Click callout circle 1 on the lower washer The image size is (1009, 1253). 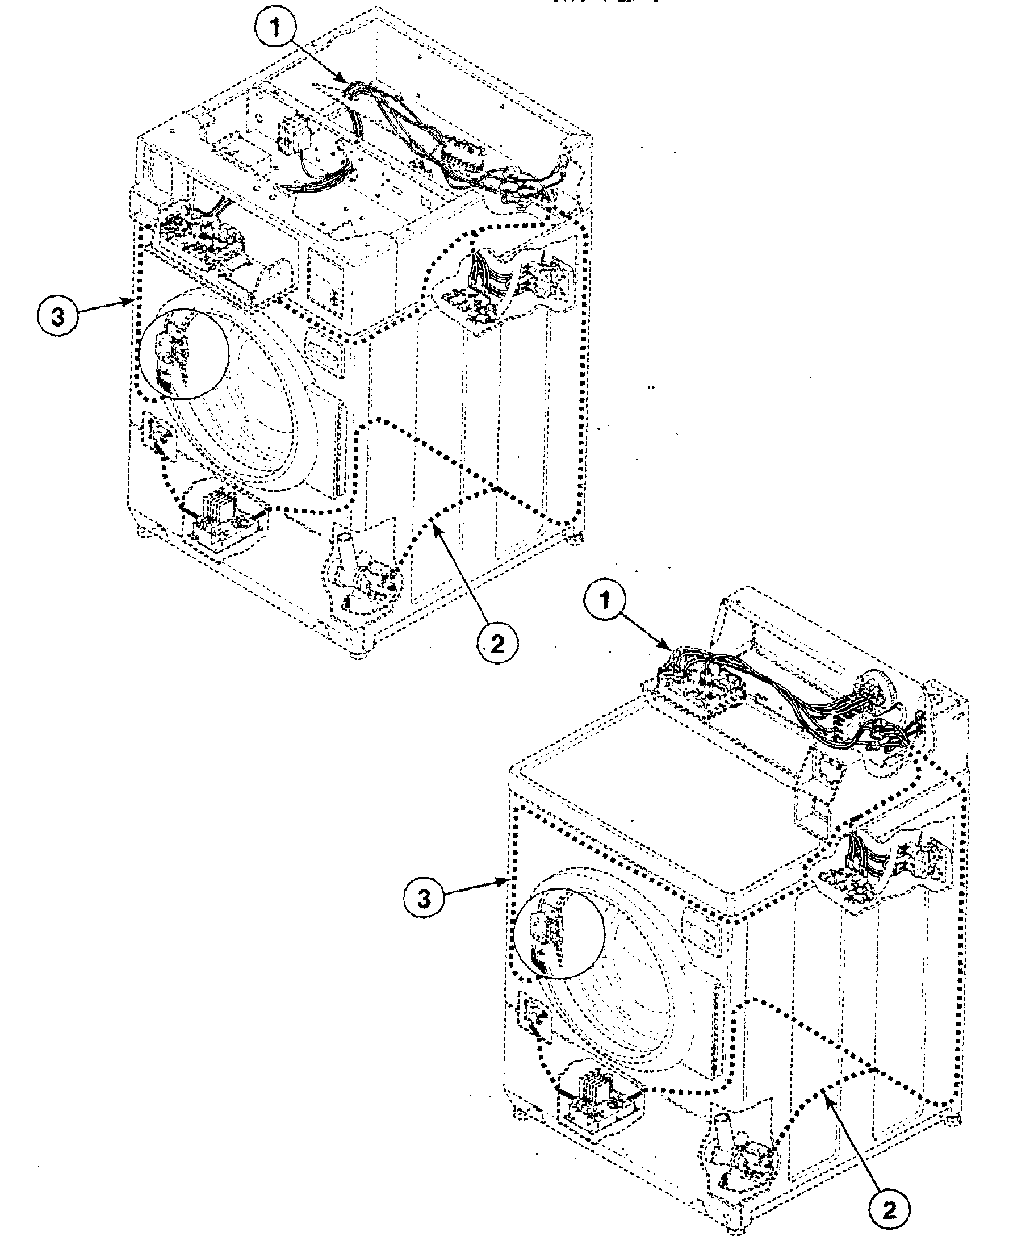tap(605, 600)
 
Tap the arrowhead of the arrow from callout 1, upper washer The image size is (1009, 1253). tap(347, 81)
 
